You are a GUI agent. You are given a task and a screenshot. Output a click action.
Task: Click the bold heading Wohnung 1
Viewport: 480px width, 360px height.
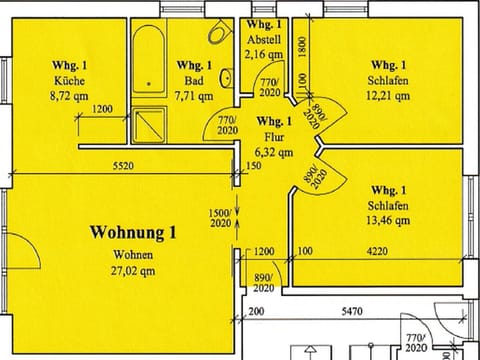coord(133,234)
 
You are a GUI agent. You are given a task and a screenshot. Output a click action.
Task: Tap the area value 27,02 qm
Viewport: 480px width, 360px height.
coord(133,269)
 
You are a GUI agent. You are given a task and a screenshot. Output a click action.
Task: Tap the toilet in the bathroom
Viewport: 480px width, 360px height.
coord(216,35)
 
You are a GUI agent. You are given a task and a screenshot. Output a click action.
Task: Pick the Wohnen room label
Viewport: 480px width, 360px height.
coord(133,254)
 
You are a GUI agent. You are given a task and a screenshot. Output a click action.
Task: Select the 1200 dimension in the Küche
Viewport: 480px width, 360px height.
coord(102,108)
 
